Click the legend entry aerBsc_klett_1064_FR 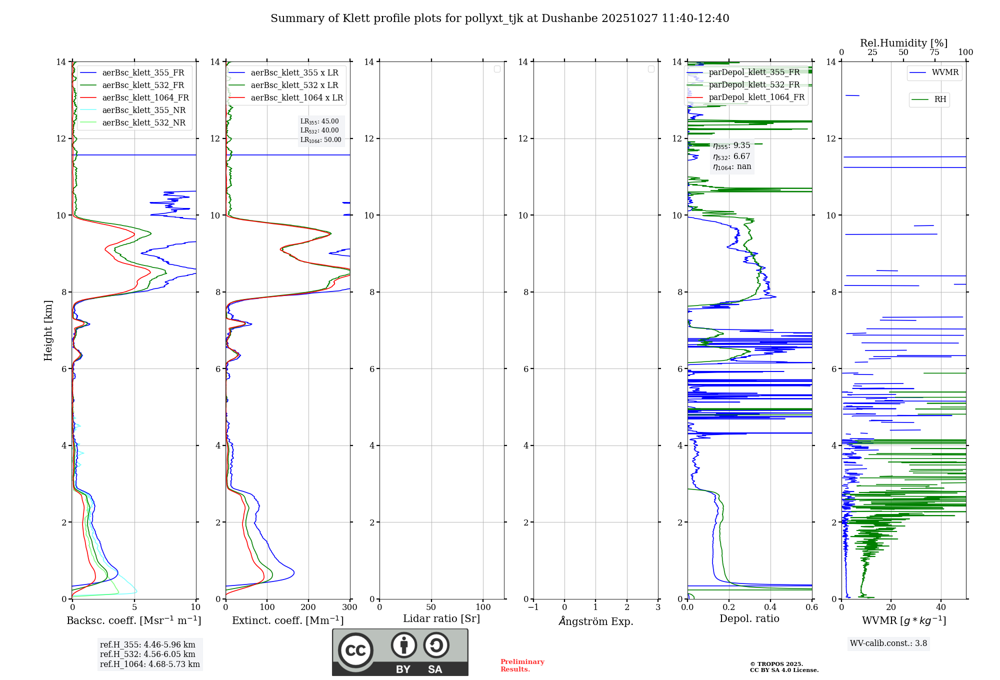click(x=145, y=98)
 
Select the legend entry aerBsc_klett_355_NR click(x=143, y=110)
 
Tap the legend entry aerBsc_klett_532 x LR click(x=294, y=85)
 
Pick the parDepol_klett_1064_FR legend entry click(x=756, y=97)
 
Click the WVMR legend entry click(x=944, y=73)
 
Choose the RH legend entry click(x=939, y=99)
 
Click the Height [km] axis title click(x=48, y=330)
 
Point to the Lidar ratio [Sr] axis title click(x=441, y=619)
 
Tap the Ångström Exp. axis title click(x=595, y=621)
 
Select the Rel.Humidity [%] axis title click(x=903, y=43)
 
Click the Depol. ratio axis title click(x=749, y=619)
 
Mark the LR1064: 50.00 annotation click(x=320, y=140)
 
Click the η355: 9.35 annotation click(x=731, y=145)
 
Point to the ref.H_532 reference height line click(x=147, y=654)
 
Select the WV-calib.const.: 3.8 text click(x=888, y=643)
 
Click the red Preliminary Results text click(x=522, y=665)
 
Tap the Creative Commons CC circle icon click(x=355, y=650)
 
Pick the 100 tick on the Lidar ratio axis click(x=483, y=607)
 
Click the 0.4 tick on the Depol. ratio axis click(x=770, y=607)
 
